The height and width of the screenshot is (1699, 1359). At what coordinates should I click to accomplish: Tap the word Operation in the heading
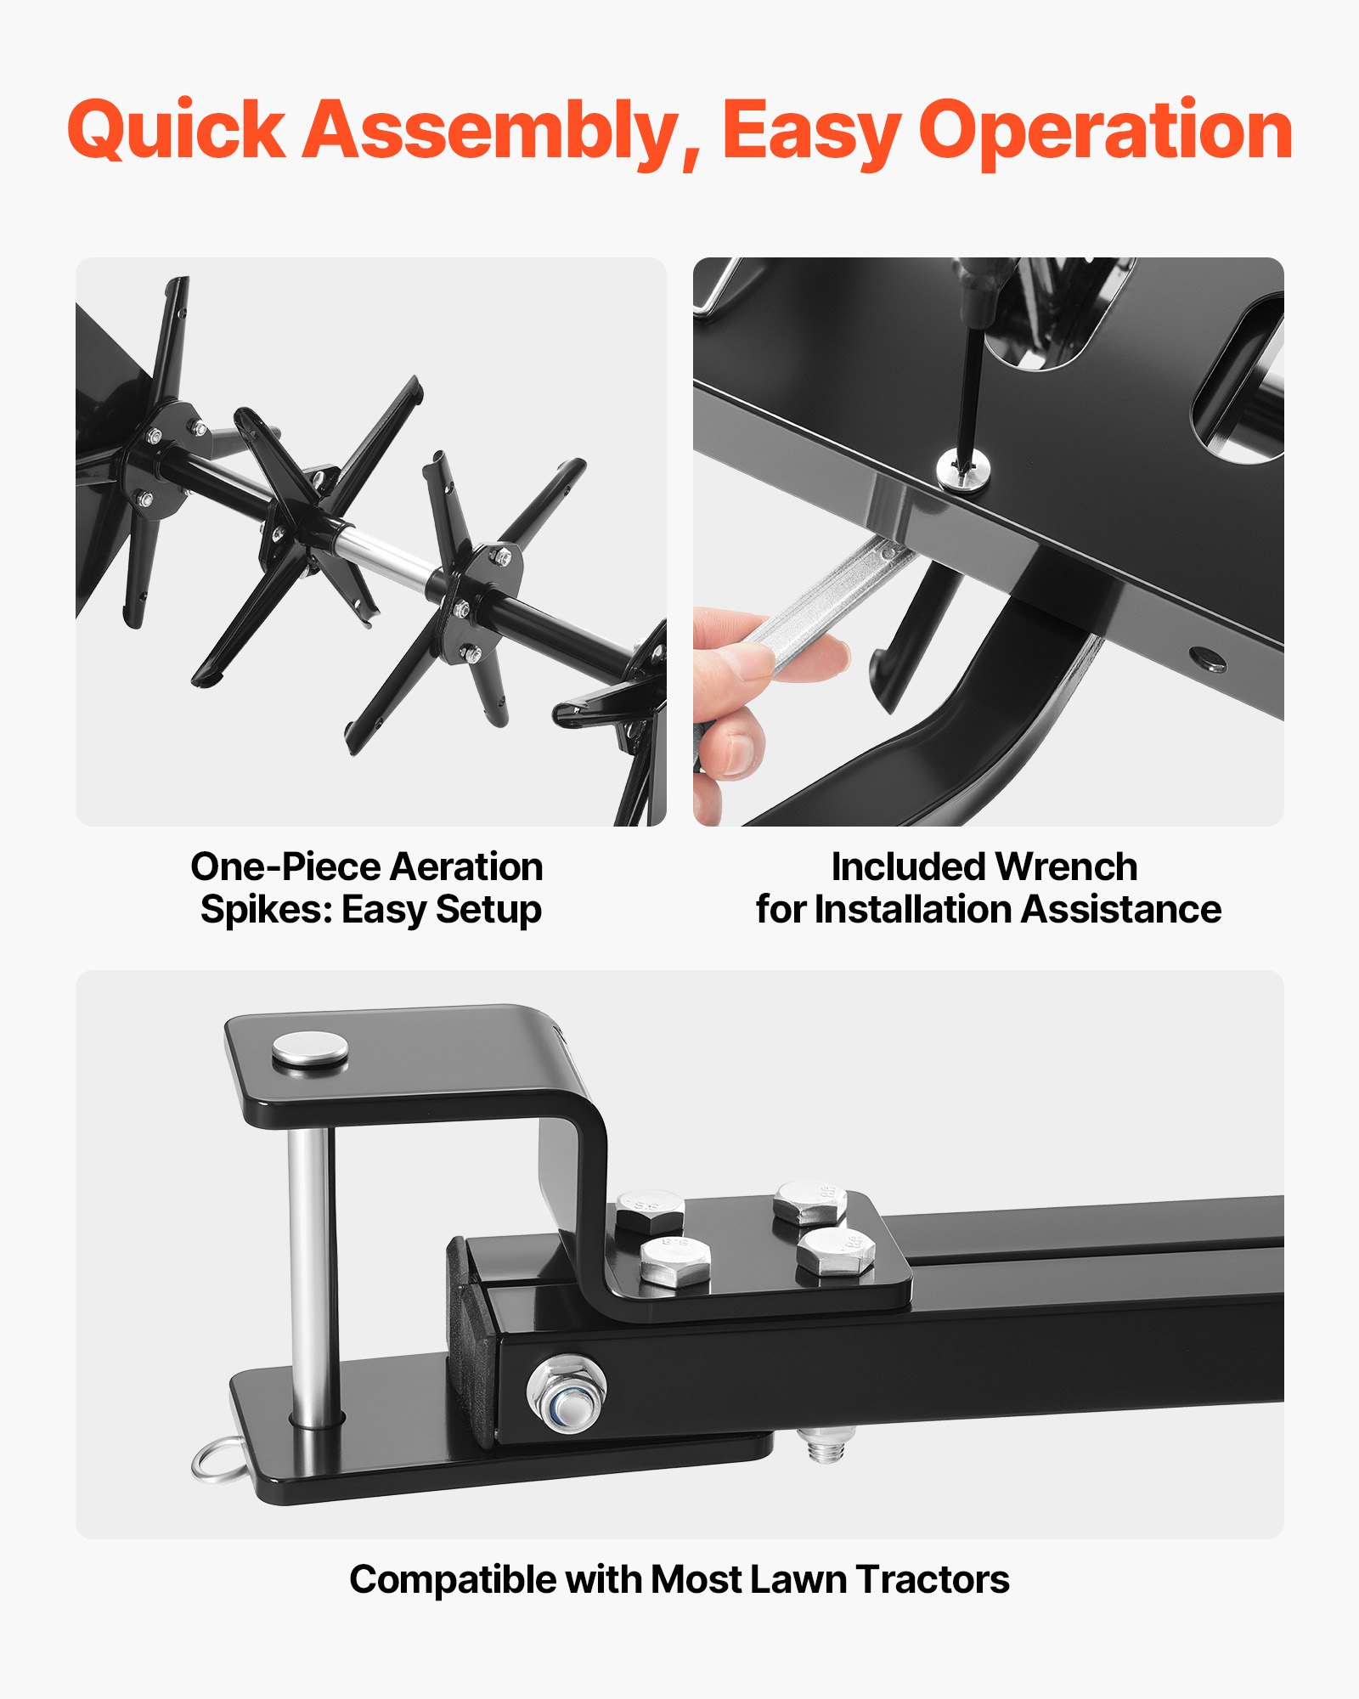[1106, 132]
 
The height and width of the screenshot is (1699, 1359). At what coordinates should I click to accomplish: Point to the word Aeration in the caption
[466, 867]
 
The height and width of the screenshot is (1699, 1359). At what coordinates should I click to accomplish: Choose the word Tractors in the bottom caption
[933, 1580]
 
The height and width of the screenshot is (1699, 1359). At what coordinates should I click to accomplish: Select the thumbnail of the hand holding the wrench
[989, 541]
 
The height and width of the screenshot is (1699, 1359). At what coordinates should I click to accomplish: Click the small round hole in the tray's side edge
[1206, 658]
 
